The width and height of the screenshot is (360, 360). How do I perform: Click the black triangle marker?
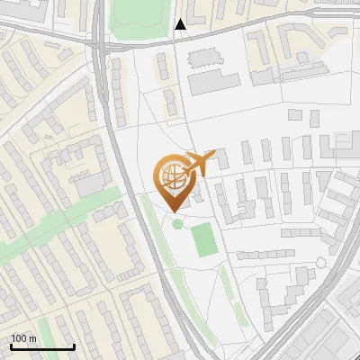(181, 24)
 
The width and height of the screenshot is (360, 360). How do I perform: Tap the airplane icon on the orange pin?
(199, 164)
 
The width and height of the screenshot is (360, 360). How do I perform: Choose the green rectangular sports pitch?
(204, 239)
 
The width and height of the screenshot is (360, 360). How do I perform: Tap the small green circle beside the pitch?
(177, 222)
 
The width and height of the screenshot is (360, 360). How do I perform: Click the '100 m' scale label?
(23, 338)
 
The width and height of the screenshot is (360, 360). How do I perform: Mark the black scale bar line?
(42, 346)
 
